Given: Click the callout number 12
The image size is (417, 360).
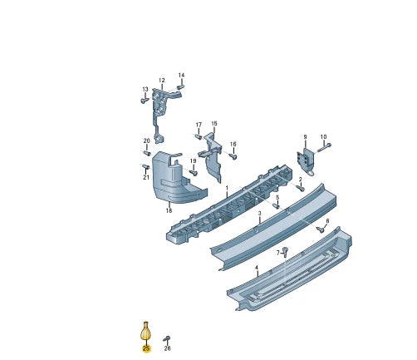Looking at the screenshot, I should tap(162, 81).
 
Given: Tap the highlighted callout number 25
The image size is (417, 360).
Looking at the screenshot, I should tap(146, 348).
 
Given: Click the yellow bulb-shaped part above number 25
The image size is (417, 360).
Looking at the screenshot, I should tap(146, 331).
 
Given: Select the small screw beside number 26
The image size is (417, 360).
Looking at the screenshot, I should tap(167, 338).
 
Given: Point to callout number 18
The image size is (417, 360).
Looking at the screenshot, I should tap(169, 211).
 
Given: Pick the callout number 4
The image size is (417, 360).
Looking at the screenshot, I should tap(257, 268).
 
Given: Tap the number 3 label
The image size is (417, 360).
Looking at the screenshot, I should tap(259, 214).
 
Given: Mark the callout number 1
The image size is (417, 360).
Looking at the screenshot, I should tap(226, 189).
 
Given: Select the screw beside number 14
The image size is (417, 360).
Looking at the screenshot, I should tap(180, 86).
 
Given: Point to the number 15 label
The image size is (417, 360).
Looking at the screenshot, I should tap(213, 123).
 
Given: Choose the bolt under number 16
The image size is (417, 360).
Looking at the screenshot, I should tap(233, 155).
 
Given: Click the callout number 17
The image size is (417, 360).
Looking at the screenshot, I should tap(199, 126).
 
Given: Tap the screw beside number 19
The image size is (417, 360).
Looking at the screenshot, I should tap(194, 172).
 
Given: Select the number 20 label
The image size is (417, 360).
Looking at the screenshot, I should tap(147, 141).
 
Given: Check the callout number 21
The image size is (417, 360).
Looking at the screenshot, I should tap(145, 177).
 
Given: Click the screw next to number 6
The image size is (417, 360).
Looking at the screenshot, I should tap(321, 229).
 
